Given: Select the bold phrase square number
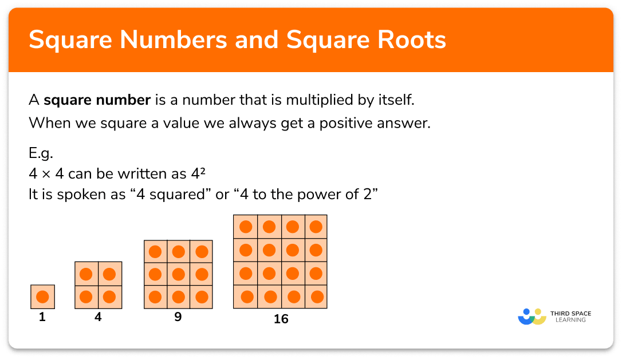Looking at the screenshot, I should tap(97, 101).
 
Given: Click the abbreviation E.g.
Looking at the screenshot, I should tap(40, 153).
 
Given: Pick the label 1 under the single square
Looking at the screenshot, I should tap(42, 317).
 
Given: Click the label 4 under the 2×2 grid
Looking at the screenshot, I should tap(98, 317).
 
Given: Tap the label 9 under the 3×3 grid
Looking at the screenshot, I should tap(178, 317).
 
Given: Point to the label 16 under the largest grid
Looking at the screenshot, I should tap(281, 319).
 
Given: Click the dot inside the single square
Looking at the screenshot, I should tap(42, 297).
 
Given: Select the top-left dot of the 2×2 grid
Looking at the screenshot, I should tap(86, 274).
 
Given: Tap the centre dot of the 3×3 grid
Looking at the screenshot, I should tap(178, 274).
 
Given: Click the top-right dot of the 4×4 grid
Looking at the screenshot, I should tap(316, 227).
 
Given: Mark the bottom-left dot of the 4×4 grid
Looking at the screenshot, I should tap(246, 297).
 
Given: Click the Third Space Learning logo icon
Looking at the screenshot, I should tap(532, 317).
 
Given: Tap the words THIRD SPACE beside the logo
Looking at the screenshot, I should tap(571, 313).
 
